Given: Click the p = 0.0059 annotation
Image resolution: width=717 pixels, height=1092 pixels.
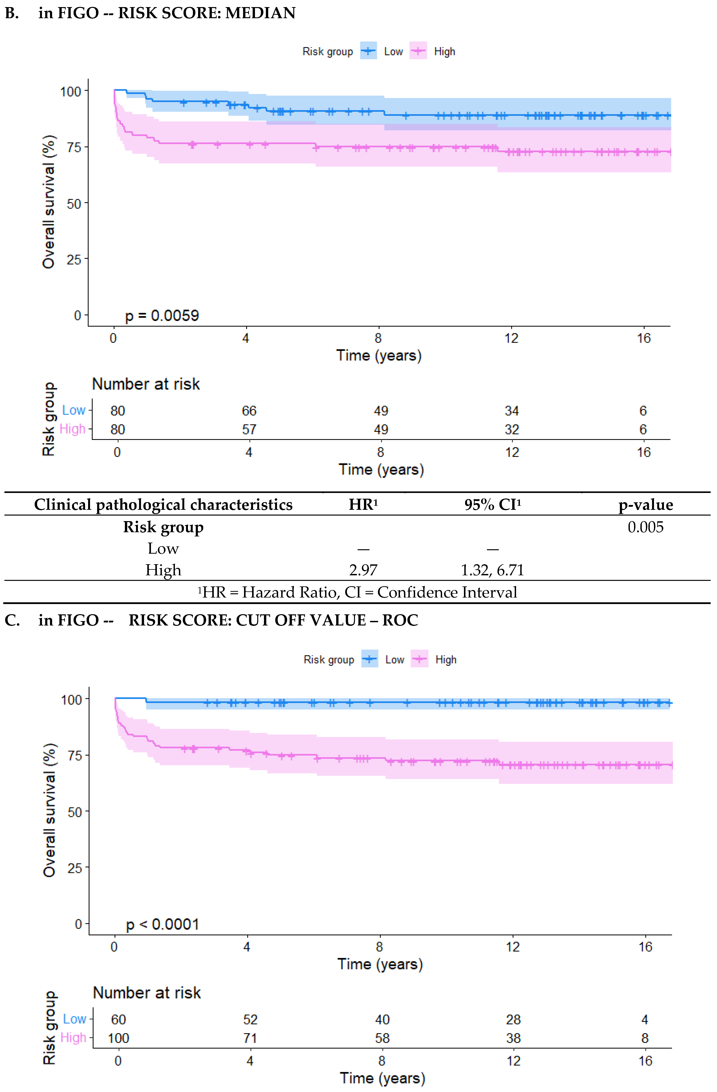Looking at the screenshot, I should pyautogui.click(x=162, y=316).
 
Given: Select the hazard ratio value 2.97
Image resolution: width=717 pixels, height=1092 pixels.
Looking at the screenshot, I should pyautogui.click(x=363, y=570).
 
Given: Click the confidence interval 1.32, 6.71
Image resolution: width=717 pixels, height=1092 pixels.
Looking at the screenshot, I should pyautogui.click(x=492, y=570).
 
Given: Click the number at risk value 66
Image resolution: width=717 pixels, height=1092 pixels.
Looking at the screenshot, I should pyautogui.click(x=249, y=411).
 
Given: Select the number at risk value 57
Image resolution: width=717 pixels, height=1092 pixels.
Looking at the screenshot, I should pyautogui.click(x=249, y=429).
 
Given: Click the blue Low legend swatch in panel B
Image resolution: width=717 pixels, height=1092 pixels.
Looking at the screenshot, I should pyautogui.click(x=368, y=51).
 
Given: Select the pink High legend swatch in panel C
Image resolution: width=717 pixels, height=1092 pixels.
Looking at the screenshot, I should pyautogui.click(x=419, y=659).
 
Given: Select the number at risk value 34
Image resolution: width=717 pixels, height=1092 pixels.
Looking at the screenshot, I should pyautogui.click(x=512, y=411).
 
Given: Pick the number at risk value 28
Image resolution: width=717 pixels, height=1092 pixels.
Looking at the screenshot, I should pyautogui.click(x=513, y=1019).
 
